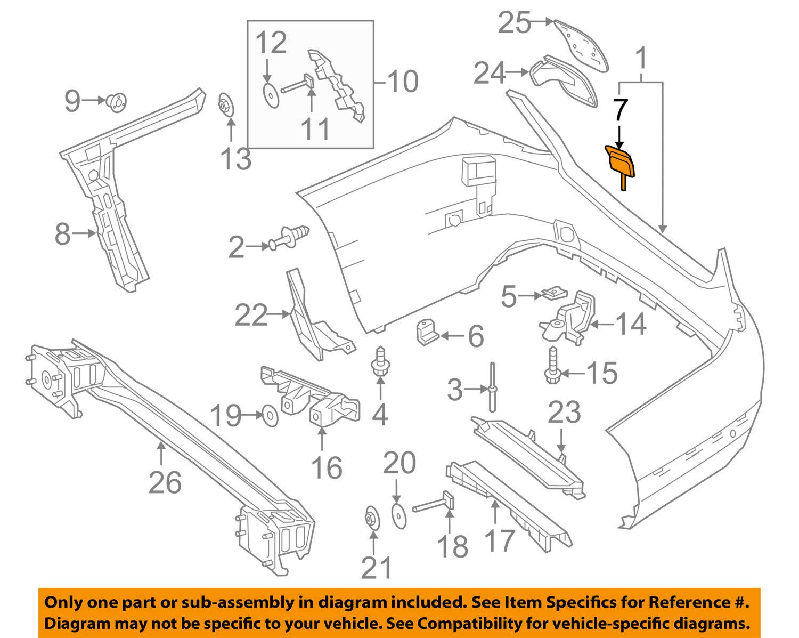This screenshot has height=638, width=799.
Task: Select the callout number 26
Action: [x=165, y=482]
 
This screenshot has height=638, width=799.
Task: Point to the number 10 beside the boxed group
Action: [x=403, y=82]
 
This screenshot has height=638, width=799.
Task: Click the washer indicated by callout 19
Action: [x=270, y=415]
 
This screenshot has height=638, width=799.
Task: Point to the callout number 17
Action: [x=499, y=540]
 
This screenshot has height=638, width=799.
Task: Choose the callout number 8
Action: [x=63, y=233]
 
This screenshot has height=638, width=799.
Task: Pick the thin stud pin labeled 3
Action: [x=492, y=388]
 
